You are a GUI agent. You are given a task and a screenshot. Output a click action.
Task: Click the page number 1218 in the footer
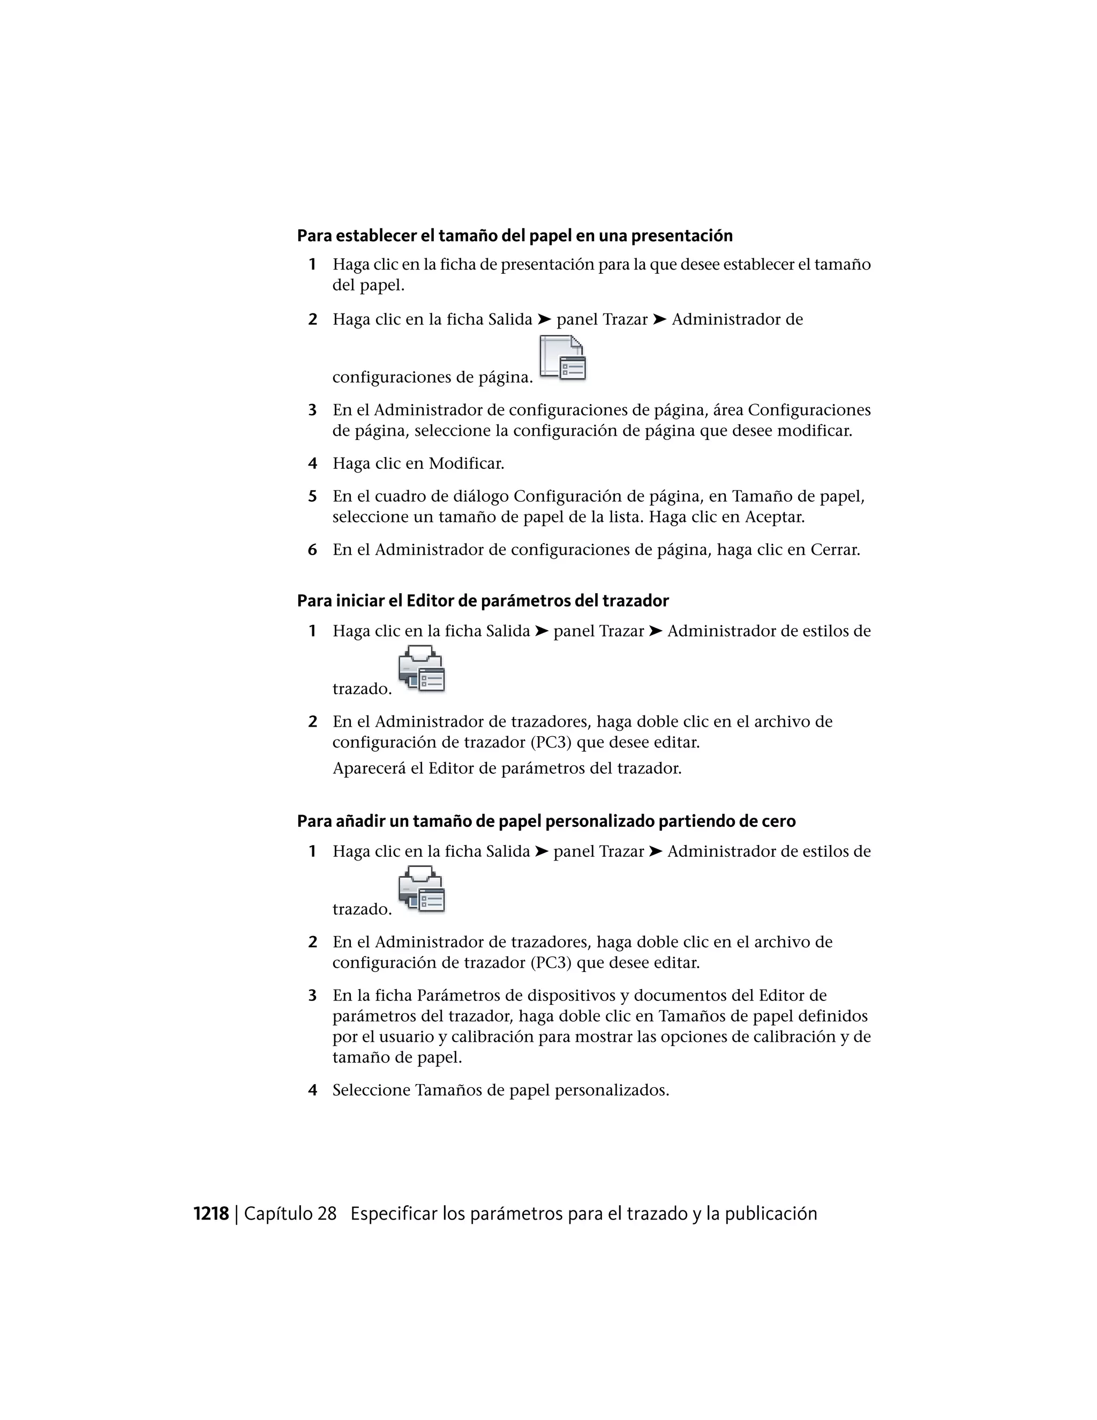coord(211,1214)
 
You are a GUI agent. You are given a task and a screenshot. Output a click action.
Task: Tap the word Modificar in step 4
coord(466,464)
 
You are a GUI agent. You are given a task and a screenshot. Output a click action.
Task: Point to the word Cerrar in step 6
coord(835,550)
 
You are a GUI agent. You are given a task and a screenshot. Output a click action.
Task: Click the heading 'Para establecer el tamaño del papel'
coord(515,235)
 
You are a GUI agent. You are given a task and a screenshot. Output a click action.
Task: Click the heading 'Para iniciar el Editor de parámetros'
coord(482,601)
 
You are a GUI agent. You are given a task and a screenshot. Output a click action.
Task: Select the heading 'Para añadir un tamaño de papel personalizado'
coord(546,821)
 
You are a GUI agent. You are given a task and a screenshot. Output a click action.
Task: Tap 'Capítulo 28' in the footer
coord(290,1214)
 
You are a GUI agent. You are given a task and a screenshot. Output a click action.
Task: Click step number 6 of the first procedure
coord(313,550)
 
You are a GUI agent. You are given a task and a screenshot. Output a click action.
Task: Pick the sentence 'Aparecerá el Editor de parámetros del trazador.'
coord(507,768)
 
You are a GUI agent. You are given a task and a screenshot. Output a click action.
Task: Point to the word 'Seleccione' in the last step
coord(371,1090)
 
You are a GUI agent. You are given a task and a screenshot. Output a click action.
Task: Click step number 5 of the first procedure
coord(313,497)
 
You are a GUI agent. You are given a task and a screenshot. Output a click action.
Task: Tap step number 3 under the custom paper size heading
coord(313,996)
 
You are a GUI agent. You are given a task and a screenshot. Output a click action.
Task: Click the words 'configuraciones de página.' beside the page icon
coord(432,378)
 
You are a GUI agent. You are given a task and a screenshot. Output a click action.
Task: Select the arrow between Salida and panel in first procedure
coord(544,320)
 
